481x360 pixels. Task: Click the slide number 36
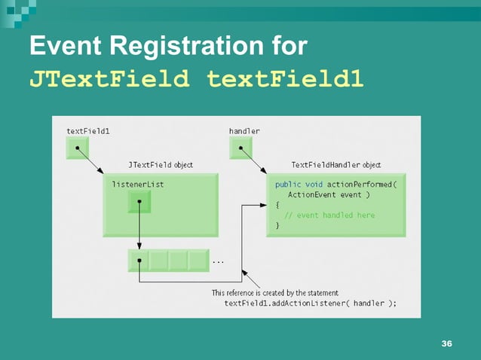(x=446, y=344)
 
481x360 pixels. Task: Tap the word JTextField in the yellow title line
(x=109, y=78)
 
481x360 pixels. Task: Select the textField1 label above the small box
(x=87, y=131)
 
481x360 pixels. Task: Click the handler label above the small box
(x=244, y=131)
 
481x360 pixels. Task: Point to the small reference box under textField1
(x=78, y=148)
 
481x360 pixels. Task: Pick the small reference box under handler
(x=241, y=148)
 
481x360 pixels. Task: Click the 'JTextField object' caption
(x=160, y=165)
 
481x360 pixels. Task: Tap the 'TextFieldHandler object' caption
(x=335, y=165)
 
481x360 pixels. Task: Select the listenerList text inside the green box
(x=138, y=184)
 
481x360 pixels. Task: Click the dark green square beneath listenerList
(x=139, y=201)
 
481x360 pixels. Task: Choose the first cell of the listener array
(x=139, y=261)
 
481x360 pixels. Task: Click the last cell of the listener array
(x=198, y=261)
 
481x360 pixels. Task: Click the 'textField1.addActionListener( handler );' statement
(x=310, y=304)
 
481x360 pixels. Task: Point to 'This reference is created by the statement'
(x=275, y=293)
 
